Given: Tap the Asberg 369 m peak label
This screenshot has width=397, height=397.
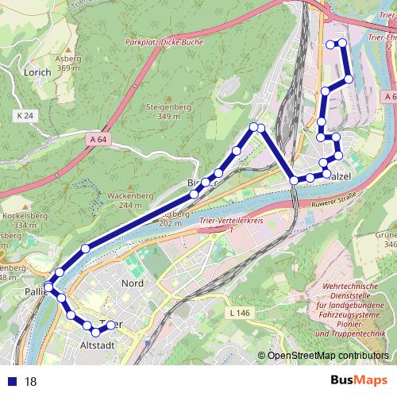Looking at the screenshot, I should click(x=69, y=64).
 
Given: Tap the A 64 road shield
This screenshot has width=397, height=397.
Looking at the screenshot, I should click(x=98, y=140).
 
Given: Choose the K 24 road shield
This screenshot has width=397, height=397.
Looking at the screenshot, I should click(x=25, y=116).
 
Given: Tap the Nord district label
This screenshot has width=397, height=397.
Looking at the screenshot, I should click(x=131, y=283).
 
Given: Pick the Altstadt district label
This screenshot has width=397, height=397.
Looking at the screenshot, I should click(x=99, y=345).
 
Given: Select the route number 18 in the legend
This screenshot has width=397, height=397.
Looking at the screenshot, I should click(x=31, y=382).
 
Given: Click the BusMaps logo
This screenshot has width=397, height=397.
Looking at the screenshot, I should click(x=357, y=380).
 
